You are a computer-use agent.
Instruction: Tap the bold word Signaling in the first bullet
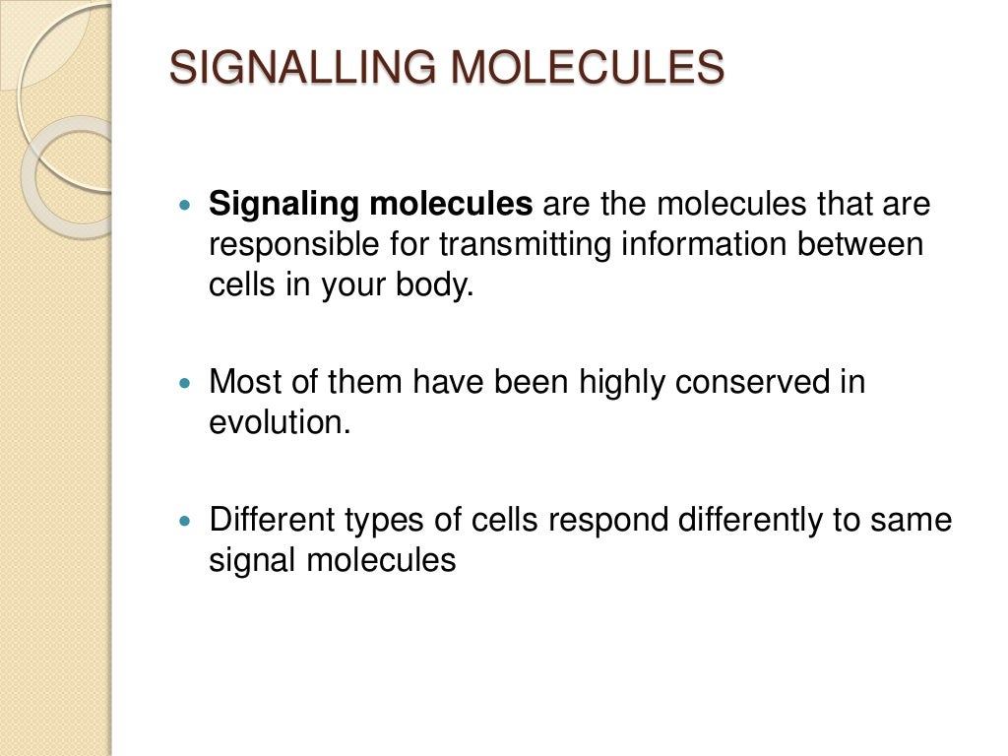(x=283, y=205)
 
